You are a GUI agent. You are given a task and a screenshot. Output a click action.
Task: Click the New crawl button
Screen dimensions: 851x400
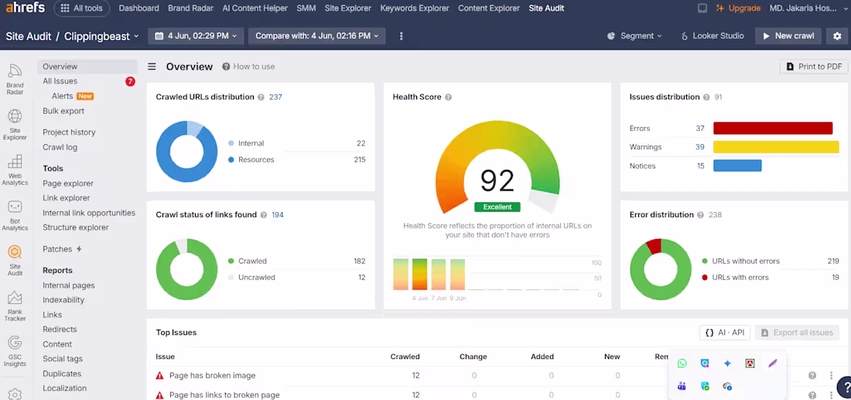tap(788, 36)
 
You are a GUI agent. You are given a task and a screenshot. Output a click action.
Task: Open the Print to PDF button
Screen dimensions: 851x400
tap(814, 67)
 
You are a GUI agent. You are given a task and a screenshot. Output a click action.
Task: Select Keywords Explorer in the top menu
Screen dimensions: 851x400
tap(415, 9)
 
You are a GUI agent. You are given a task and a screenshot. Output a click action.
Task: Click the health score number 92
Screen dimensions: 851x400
tap(497, 181)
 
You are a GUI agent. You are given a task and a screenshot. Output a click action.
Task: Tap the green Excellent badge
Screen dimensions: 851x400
tap(497, 207)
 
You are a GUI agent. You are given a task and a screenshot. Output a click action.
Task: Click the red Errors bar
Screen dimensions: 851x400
tap(773, 128)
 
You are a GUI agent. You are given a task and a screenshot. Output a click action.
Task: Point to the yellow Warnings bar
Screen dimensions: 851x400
tap(776, 147)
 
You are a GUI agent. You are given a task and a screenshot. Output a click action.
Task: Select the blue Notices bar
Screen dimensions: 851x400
tap(737, 166)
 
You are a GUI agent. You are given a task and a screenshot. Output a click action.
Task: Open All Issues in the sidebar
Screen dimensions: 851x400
tap(60, 81)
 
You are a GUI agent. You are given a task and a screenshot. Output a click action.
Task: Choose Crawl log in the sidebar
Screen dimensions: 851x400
tap(60, 147)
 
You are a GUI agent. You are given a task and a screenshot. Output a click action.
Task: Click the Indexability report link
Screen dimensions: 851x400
tap(63, 300)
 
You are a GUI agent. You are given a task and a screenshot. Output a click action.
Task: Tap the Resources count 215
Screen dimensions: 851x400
tap(359, 159)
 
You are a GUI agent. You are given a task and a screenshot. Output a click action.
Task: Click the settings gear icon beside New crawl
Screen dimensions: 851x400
tap(837, 36)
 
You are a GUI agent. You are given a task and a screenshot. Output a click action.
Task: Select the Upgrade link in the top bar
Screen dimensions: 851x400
tap(738, 9)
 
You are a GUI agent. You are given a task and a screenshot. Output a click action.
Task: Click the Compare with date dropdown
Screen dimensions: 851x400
tap(317, 36)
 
